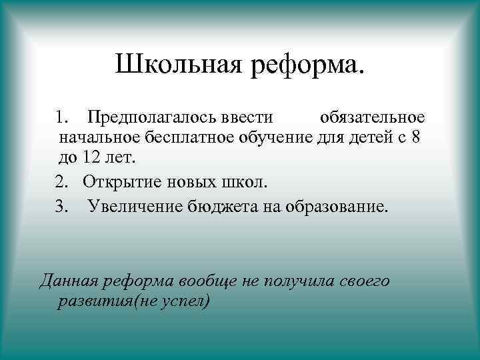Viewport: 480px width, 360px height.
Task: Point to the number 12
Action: [92, 160]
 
